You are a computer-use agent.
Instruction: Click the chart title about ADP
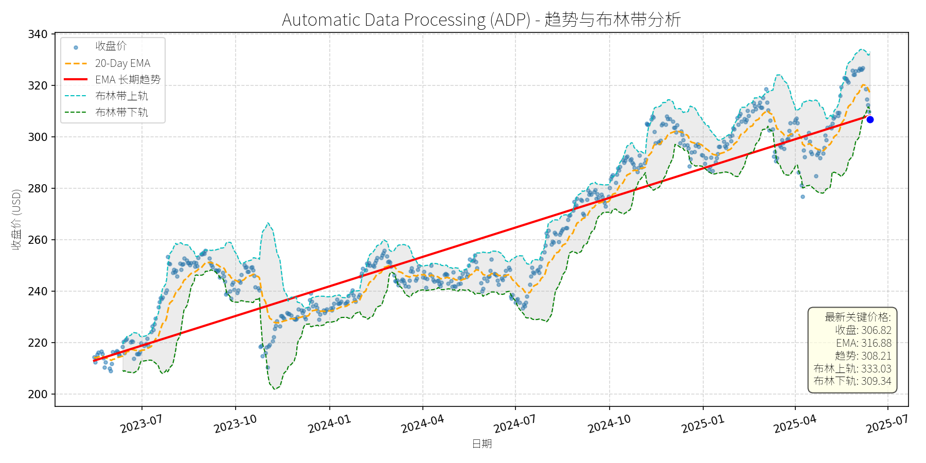click(481, 20)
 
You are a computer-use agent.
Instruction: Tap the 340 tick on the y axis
click(38, 34)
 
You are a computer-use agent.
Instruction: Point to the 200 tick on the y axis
click(38, 395)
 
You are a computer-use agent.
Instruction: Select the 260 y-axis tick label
click(38, 240)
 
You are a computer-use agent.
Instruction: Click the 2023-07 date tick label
click(141, 424)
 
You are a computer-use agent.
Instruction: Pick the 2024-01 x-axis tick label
click(329, 424)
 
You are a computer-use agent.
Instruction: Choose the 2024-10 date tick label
click(609, 424)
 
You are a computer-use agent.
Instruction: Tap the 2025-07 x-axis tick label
click(887, 424)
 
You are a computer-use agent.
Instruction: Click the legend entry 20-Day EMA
click(122, 63)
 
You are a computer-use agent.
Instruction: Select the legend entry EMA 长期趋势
click(128, 80)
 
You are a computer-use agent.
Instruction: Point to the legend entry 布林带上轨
click(121, 96)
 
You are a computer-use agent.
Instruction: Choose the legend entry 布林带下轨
click(121, 113)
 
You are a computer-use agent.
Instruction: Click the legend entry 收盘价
click(111, 46)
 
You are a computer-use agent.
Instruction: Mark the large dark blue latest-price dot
click(870, 120)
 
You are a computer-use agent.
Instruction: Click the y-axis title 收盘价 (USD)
click(16, 220)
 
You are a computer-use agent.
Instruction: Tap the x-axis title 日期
click(482, 443)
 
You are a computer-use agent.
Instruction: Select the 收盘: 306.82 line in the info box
click(863, 330)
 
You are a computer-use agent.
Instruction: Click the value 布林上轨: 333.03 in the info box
click(852, 368)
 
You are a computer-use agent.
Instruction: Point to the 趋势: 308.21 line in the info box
click(863, 356)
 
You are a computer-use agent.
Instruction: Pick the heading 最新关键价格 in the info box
click(858, 317)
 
